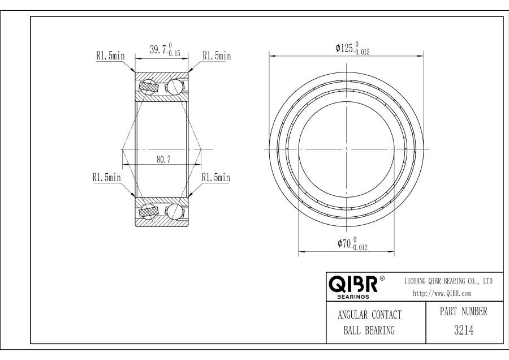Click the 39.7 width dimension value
(158, 50)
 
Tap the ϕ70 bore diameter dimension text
(344, 243)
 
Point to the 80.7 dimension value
(164, 160)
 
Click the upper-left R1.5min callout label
(110, 55)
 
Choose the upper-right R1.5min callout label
(217, 55)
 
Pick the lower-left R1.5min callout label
(106, 177)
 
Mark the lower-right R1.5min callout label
(216, 177)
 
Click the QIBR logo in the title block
(353, 284)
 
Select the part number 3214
(464, 330)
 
